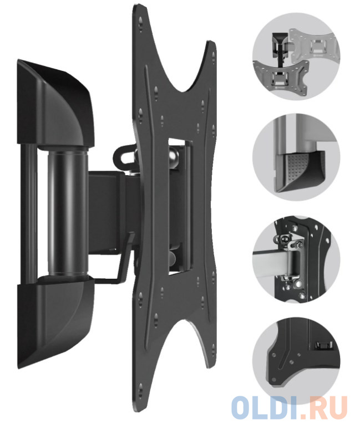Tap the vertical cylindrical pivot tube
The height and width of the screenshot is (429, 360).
point(68,211)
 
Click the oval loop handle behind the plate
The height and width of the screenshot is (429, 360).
point(123,155)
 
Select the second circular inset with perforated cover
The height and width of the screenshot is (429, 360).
point(296,157)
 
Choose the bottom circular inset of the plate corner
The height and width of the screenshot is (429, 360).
point(296,361)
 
